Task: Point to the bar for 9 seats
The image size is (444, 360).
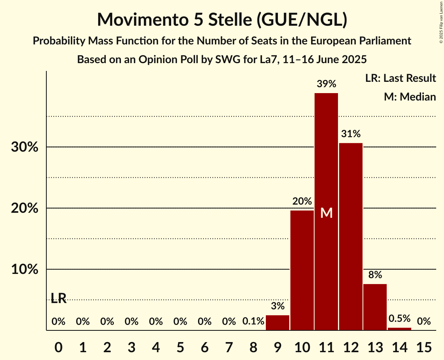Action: coord(278,323)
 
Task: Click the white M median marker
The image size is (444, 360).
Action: coord(326,213)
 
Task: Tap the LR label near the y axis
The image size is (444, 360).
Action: coord(58,298)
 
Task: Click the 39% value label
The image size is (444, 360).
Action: coord(326,84)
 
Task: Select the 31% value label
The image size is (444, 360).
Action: coord(351,134)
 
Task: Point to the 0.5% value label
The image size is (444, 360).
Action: coord(400,318)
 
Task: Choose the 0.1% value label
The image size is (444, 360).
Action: coord(253,321)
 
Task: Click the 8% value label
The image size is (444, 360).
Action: coord(375,275)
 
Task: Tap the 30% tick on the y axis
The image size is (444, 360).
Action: coord(25,148)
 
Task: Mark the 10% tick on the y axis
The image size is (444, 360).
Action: coord(25,270)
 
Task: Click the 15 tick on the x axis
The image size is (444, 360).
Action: coord(424,346)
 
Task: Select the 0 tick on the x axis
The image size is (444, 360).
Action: coord(58,346)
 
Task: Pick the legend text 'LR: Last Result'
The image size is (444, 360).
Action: coord(400,78)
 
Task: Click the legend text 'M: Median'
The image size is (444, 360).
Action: coord(410,97)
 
